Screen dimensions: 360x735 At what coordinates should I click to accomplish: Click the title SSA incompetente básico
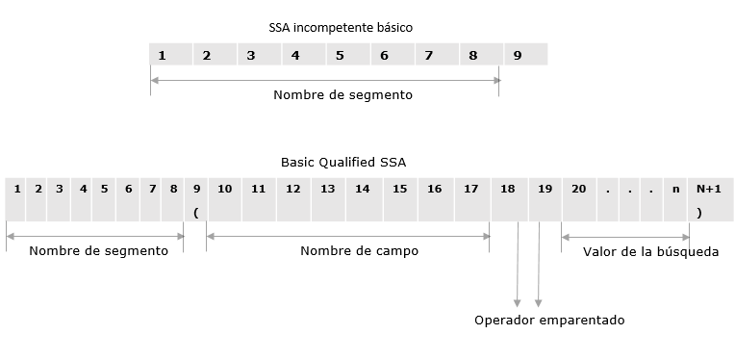pos(341,28)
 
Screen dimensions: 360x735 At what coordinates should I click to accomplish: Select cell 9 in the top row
pos(518,56)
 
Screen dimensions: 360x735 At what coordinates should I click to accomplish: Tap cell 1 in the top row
pos(163,56)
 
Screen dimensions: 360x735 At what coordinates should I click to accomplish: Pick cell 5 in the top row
pos(340,56)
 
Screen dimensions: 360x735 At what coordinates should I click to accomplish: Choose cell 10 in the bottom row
pos(224,190)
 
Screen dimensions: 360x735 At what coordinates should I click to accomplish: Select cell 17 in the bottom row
pos(470,190)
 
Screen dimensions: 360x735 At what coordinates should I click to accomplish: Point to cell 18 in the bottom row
pos(508,190)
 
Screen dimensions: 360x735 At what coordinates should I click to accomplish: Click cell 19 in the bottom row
pos(545,190)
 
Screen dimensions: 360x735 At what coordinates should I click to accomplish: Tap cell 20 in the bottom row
pos(578,190)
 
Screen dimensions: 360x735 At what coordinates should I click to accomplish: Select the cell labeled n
pos(677,190)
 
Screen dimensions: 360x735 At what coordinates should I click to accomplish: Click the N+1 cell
pos(708,190)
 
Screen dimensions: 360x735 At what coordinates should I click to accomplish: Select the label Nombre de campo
pos(345,250)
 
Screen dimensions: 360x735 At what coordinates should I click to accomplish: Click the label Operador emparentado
pos(549,320)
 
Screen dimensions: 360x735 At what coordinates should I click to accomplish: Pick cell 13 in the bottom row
pos(328,190)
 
